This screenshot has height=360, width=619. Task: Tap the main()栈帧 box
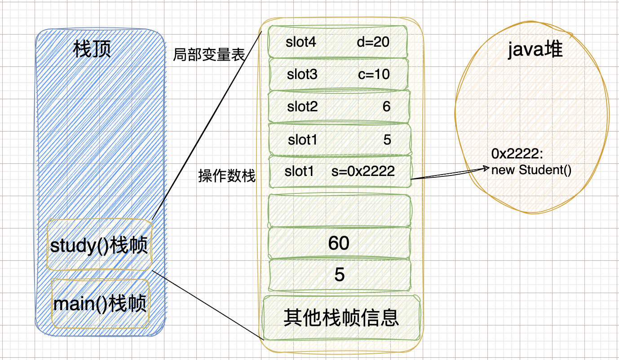100,304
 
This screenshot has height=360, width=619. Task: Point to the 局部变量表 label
209,55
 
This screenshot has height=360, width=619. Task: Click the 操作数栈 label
227,176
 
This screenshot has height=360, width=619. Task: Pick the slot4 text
301,42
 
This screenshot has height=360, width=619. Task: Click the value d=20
373,42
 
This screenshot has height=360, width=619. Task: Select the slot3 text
302,74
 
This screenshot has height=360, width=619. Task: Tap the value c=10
374,74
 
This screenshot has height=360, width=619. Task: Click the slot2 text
302,106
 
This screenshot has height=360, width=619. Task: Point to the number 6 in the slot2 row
387,106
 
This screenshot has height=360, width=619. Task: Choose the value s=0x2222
363,171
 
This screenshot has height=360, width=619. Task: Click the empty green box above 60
339,211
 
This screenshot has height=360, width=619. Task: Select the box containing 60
339,243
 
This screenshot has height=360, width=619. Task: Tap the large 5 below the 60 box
340,274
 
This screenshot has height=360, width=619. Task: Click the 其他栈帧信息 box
341,318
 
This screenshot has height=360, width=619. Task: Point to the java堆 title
535,49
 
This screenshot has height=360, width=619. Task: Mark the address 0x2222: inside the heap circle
517,154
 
